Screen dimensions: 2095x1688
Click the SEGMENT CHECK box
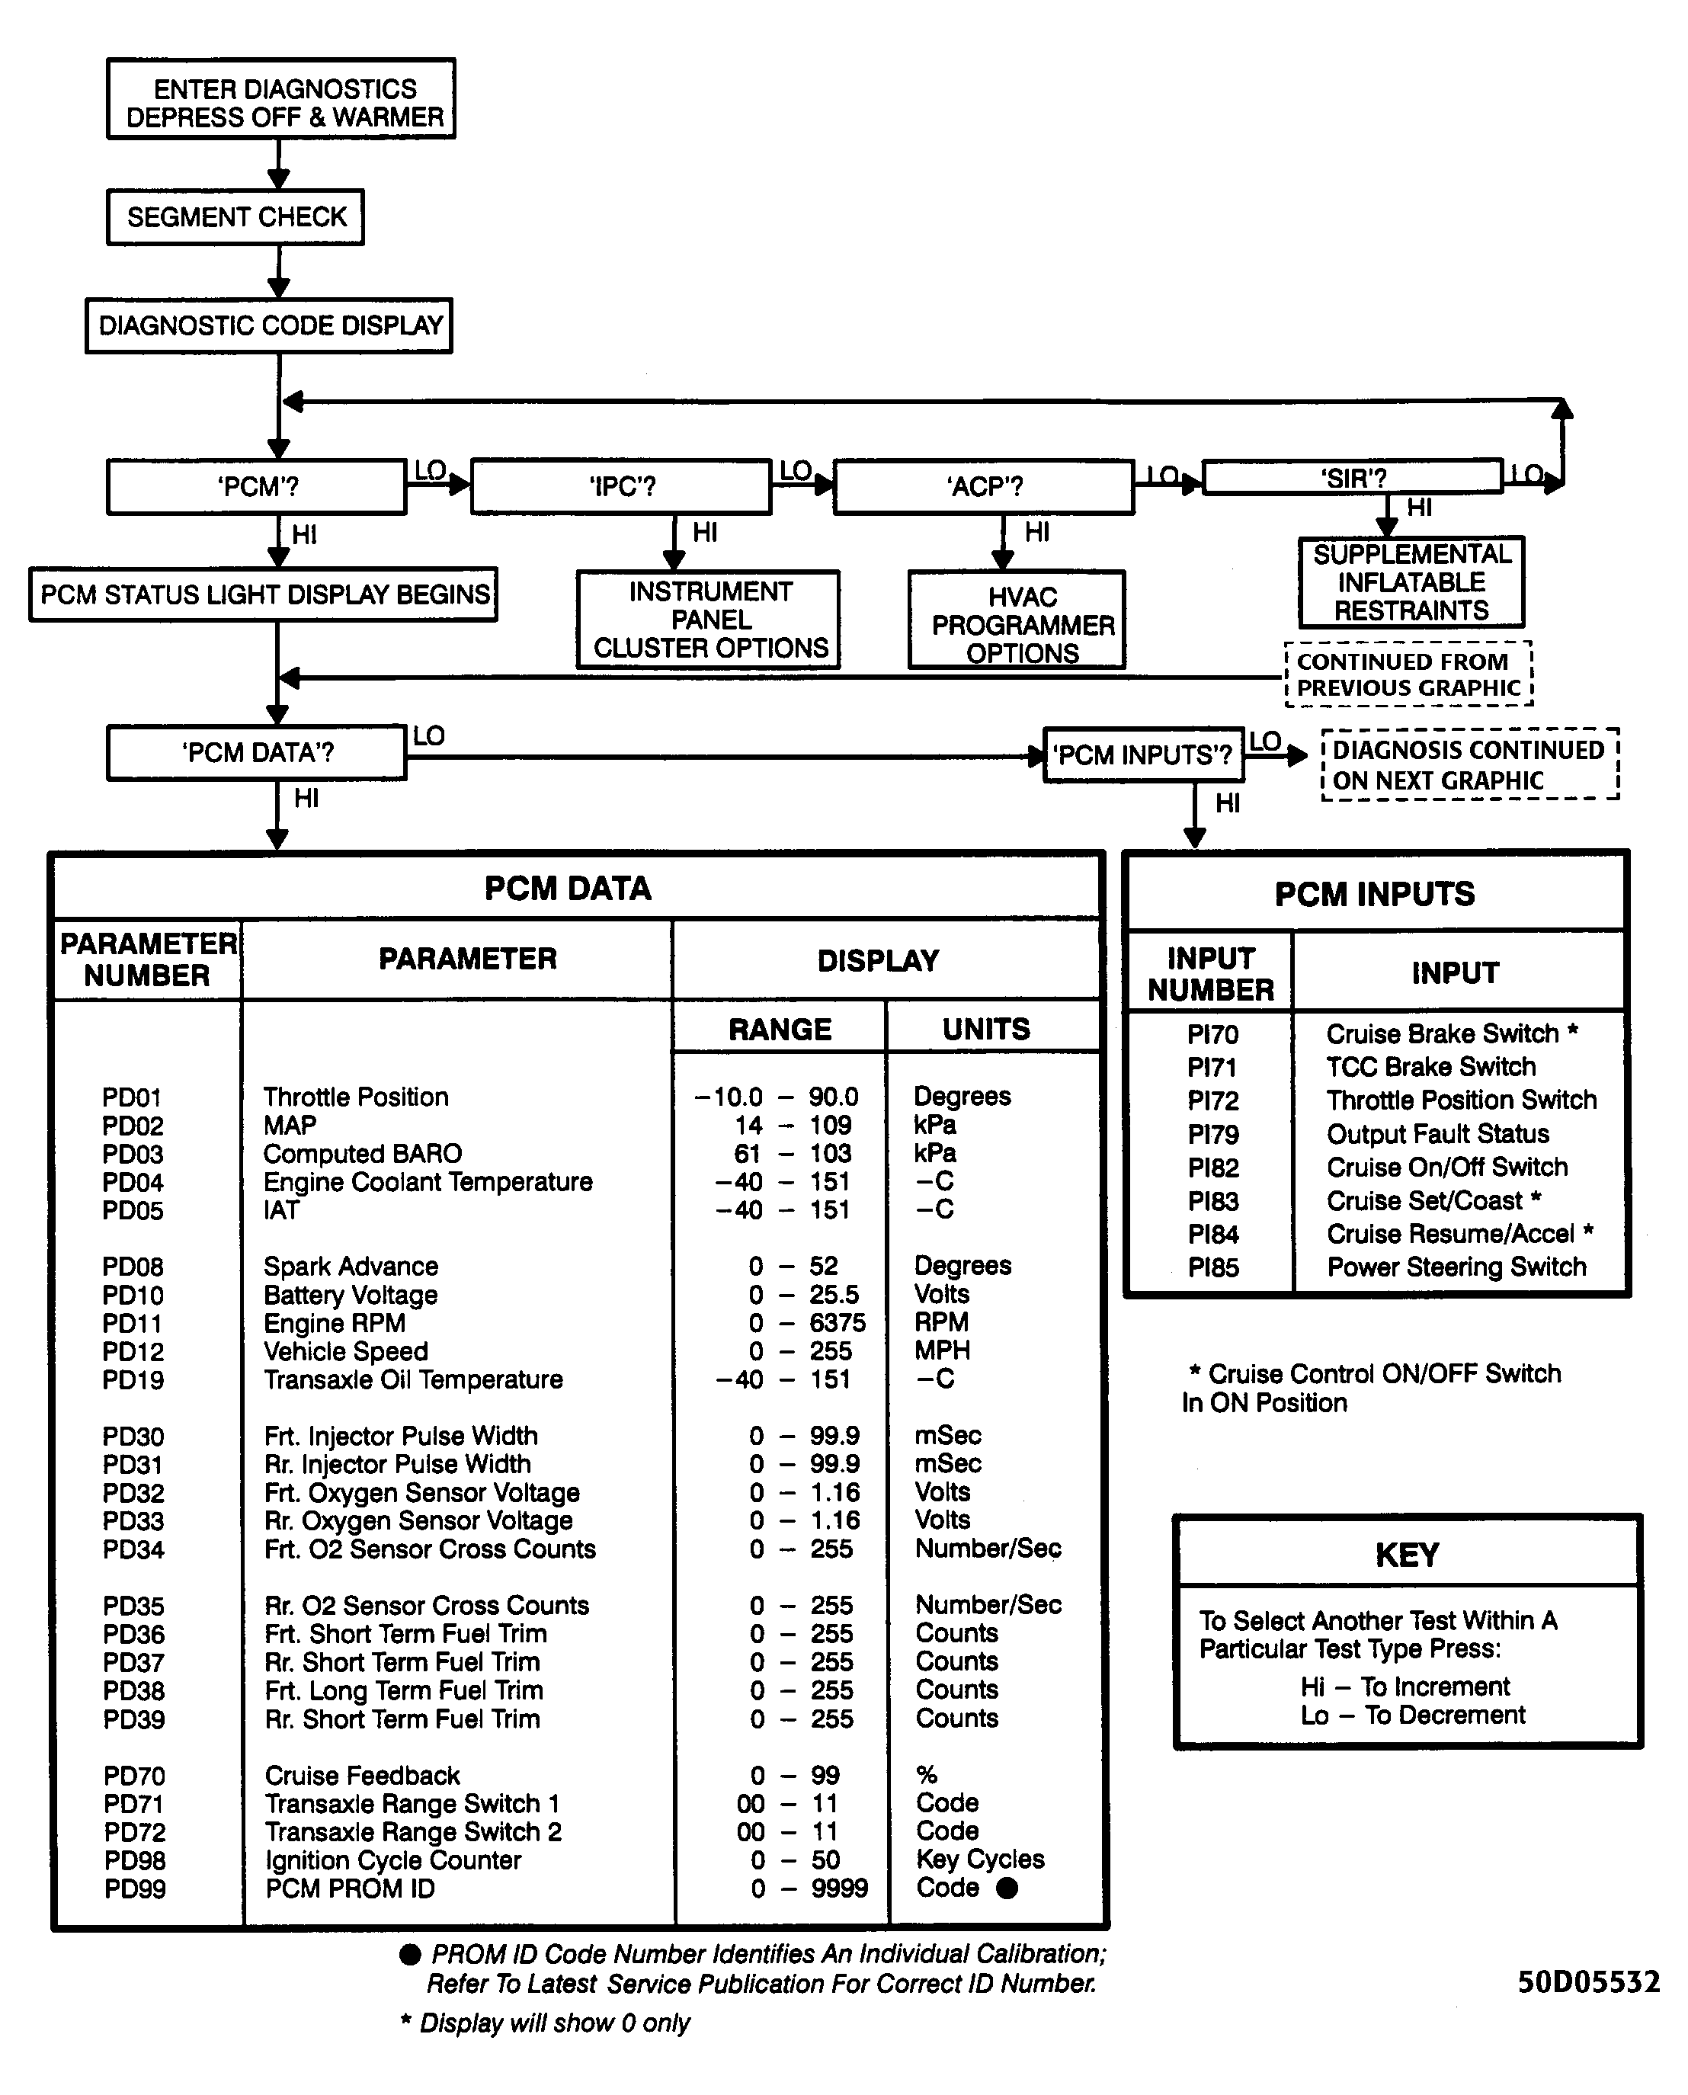235,216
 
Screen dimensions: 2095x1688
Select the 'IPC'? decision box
621,486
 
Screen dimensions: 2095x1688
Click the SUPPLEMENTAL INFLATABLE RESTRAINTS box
1411,582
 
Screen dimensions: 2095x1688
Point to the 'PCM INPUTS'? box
1143,755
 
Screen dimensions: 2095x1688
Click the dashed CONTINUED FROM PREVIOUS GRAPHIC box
1409,674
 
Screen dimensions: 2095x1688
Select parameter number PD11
133,1324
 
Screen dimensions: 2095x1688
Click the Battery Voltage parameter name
350,1295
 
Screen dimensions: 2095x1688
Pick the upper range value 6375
838,1323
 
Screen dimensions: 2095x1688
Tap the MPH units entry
942,1350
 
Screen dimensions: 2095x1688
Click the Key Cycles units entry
980,1860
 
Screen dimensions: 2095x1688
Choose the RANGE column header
780,1030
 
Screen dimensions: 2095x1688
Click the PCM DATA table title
568,889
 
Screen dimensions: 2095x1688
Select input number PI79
1212,1135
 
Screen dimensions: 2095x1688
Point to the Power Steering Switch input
1456,1267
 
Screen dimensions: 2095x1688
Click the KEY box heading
1407,1555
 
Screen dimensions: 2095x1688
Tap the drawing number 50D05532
1588,1982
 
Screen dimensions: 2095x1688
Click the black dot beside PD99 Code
1007,1888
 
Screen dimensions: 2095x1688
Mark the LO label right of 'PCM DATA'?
429,736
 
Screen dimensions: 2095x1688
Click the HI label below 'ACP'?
1037,532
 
